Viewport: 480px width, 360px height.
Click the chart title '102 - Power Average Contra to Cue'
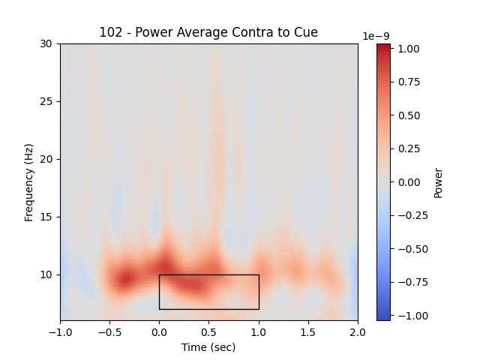point(208,32)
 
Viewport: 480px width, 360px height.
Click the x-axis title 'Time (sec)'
point(208,347)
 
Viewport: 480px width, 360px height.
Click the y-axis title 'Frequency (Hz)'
point(29,182)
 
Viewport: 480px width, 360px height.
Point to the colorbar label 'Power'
point(439,182)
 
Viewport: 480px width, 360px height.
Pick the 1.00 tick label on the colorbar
point(409,49)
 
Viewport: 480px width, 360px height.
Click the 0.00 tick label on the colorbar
point(409,182)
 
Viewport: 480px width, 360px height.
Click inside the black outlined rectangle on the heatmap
point(208,292)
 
